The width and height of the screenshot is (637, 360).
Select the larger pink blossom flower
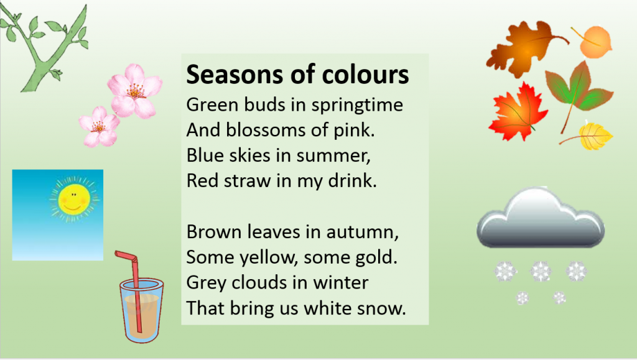(x=134, y=91)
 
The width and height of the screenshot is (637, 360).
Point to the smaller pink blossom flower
(x=99, y=126)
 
